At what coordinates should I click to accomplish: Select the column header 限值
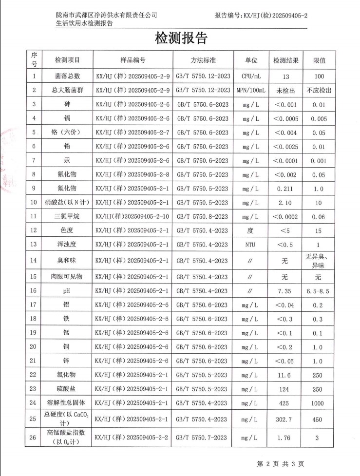click(319, 60)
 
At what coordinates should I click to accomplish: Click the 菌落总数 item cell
click(68, 76)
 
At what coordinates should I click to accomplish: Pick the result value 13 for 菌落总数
click(285, 76)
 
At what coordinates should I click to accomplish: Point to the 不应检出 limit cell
click(319, 90)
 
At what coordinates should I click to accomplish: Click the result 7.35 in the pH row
click(285, 291)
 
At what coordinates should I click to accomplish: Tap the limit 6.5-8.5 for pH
click(319, 291)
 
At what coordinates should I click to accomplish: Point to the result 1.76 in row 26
click(285, 438)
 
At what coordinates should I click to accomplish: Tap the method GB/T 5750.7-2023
click(203, 438)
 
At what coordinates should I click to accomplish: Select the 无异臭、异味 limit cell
click(319, 261)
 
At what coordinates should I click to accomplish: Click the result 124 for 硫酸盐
click(285, 389)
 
